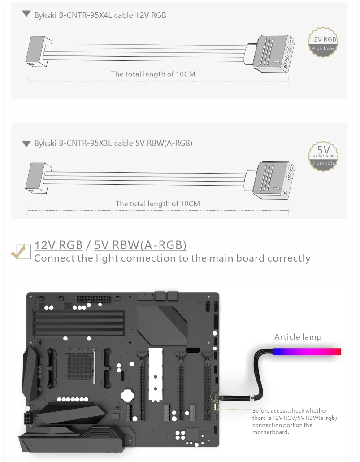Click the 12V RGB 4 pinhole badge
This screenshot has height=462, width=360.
click(323, 43)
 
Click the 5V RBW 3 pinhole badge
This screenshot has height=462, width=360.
click(323, 155)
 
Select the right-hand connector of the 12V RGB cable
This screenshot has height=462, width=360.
click(271, 53)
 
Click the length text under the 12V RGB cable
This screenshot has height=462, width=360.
click(153, 74)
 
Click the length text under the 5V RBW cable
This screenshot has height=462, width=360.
click(157, 204)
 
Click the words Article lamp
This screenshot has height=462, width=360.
click(298, 337)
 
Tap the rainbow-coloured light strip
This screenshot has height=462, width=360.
click(307, 351)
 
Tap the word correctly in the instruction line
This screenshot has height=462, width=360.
click(289, 258)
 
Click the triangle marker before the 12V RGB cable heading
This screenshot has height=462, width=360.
click(26, 15)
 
